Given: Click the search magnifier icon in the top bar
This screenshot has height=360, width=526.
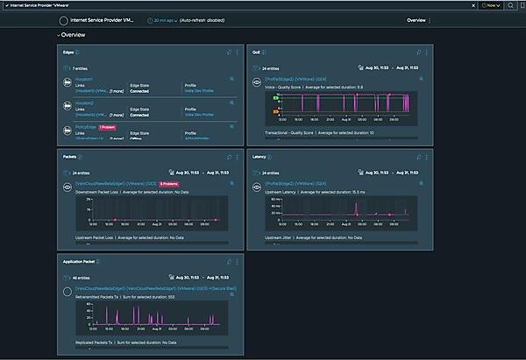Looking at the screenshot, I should pyautogui.click(x=510, y=5).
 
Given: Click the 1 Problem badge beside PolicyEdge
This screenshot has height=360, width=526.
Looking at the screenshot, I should pyautogui.click(x=107, y=127).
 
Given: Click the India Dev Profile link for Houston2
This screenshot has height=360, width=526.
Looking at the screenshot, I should pyautogui.click(x=202, y=114).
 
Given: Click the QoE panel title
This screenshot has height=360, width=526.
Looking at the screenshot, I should pyautogui.click(x=257, y=52).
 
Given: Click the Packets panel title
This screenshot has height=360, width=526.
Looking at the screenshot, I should pyautogui.click(x=70, y=157).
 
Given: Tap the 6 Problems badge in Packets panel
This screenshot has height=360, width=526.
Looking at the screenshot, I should pyautogui.click(x=169, y=184).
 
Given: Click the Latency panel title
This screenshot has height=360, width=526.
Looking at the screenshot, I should pyautogui.click(x=259, y=157).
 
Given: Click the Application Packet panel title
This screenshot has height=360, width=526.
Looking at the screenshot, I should pyautogui.click(x=84, y=261).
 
